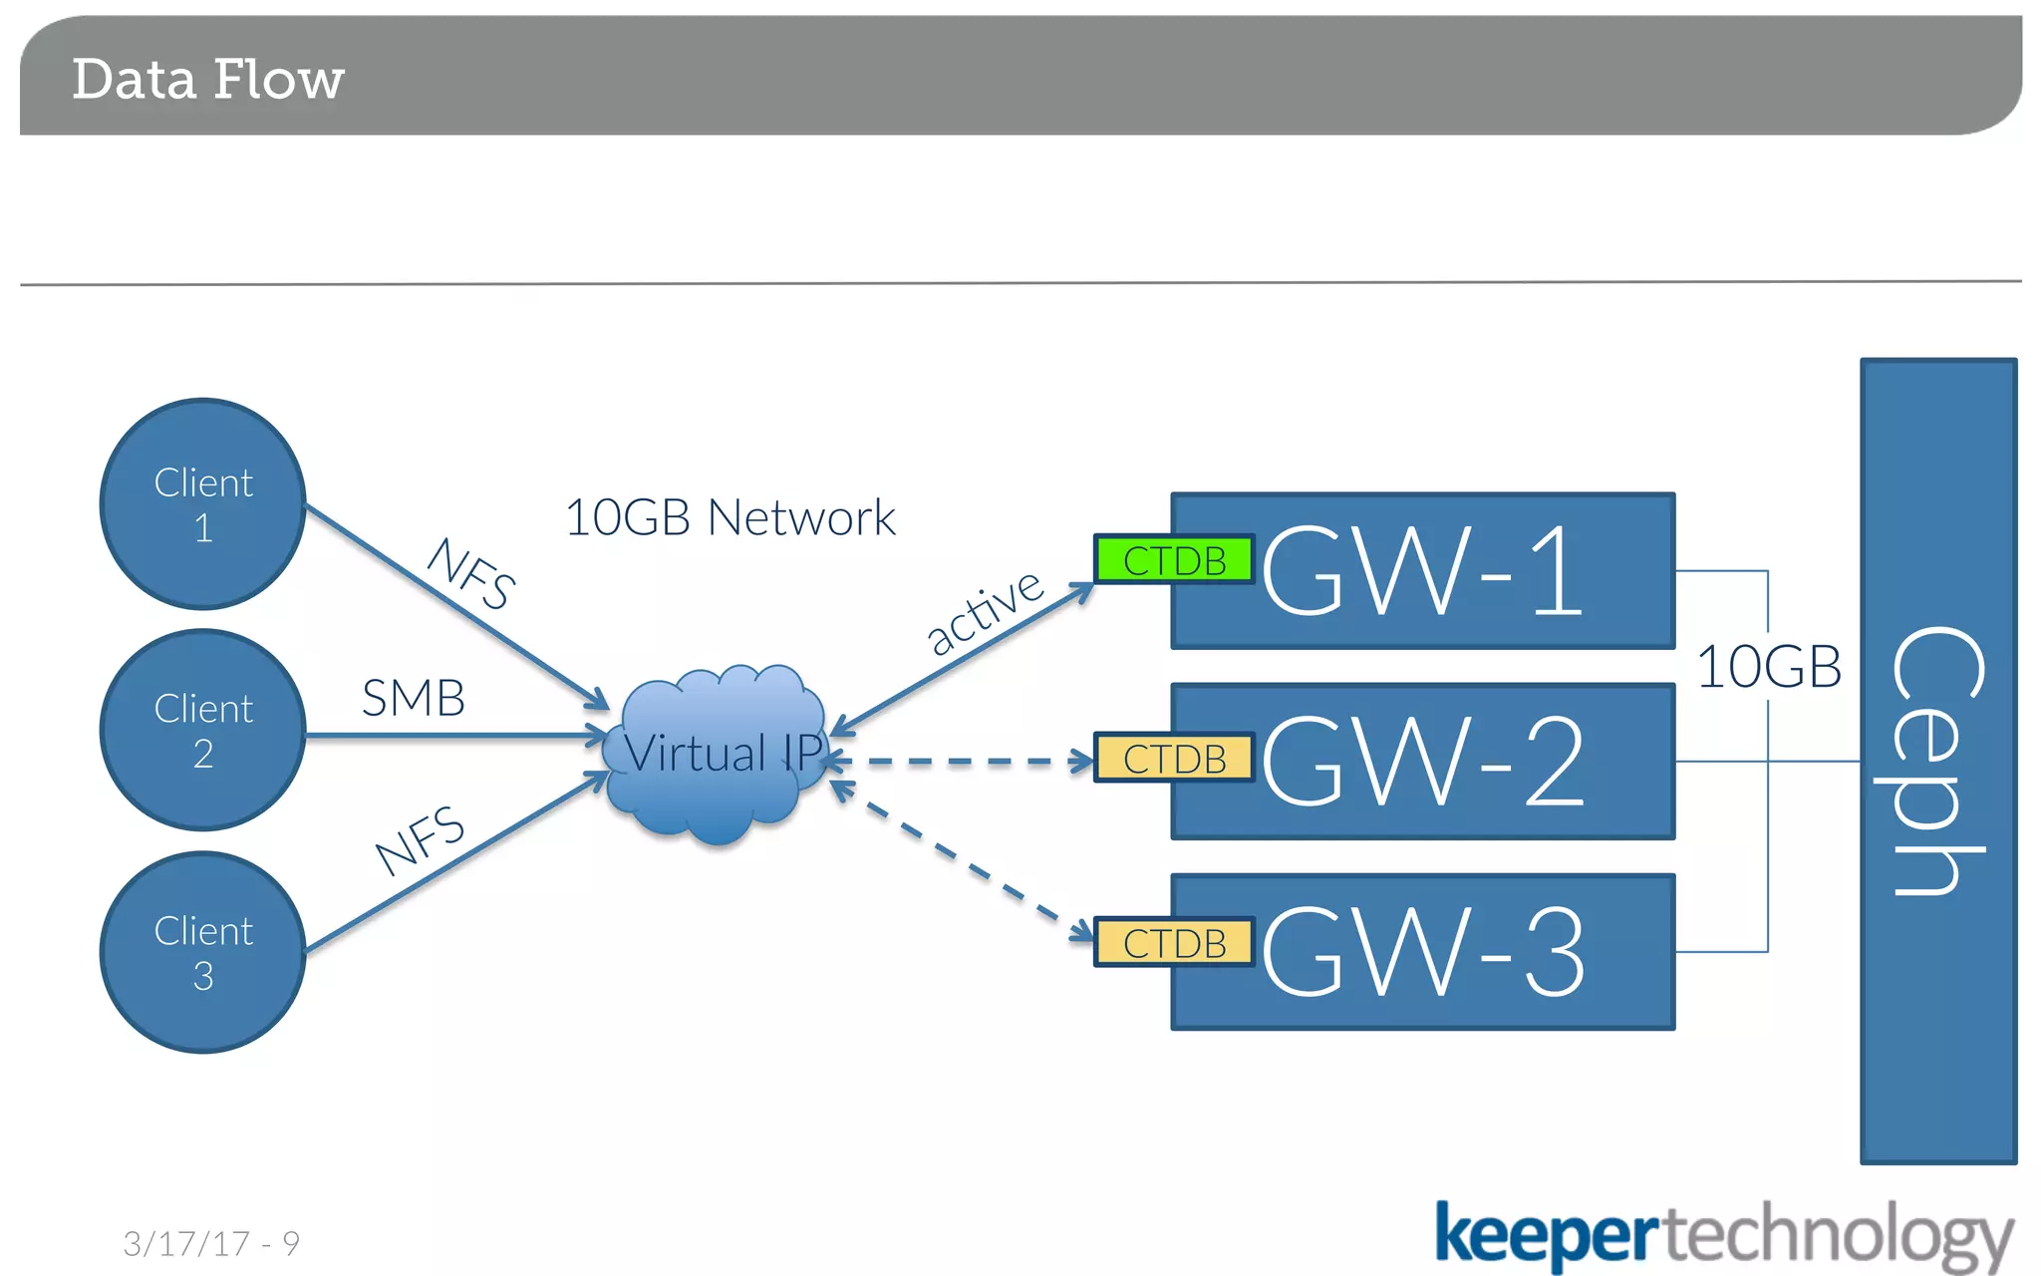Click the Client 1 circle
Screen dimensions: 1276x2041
203,504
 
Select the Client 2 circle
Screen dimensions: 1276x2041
203,730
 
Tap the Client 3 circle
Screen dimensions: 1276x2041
203,952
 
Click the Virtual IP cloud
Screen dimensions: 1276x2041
716,754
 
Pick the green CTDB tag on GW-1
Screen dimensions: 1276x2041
1173,560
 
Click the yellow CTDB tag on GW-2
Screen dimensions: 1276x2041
1173,759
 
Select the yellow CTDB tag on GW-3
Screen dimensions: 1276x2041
1173,943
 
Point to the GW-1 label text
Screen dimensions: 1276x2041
1423,571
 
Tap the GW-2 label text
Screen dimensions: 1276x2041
1423,762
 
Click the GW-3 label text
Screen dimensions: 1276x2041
1423,952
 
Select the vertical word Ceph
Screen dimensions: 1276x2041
1937,762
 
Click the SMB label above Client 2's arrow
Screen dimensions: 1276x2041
413,698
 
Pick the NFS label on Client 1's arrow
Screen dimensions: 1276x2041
470,572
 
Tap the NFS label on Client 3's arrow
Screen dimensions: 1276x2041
420,840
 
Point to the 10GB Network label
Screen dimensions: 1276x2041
729,517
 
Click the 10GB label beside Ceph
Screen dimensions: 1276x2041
1768,667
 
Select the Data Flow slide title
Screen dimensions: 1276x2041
207,80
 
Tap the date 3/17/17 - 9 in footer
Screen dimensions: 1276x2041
211,1243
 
